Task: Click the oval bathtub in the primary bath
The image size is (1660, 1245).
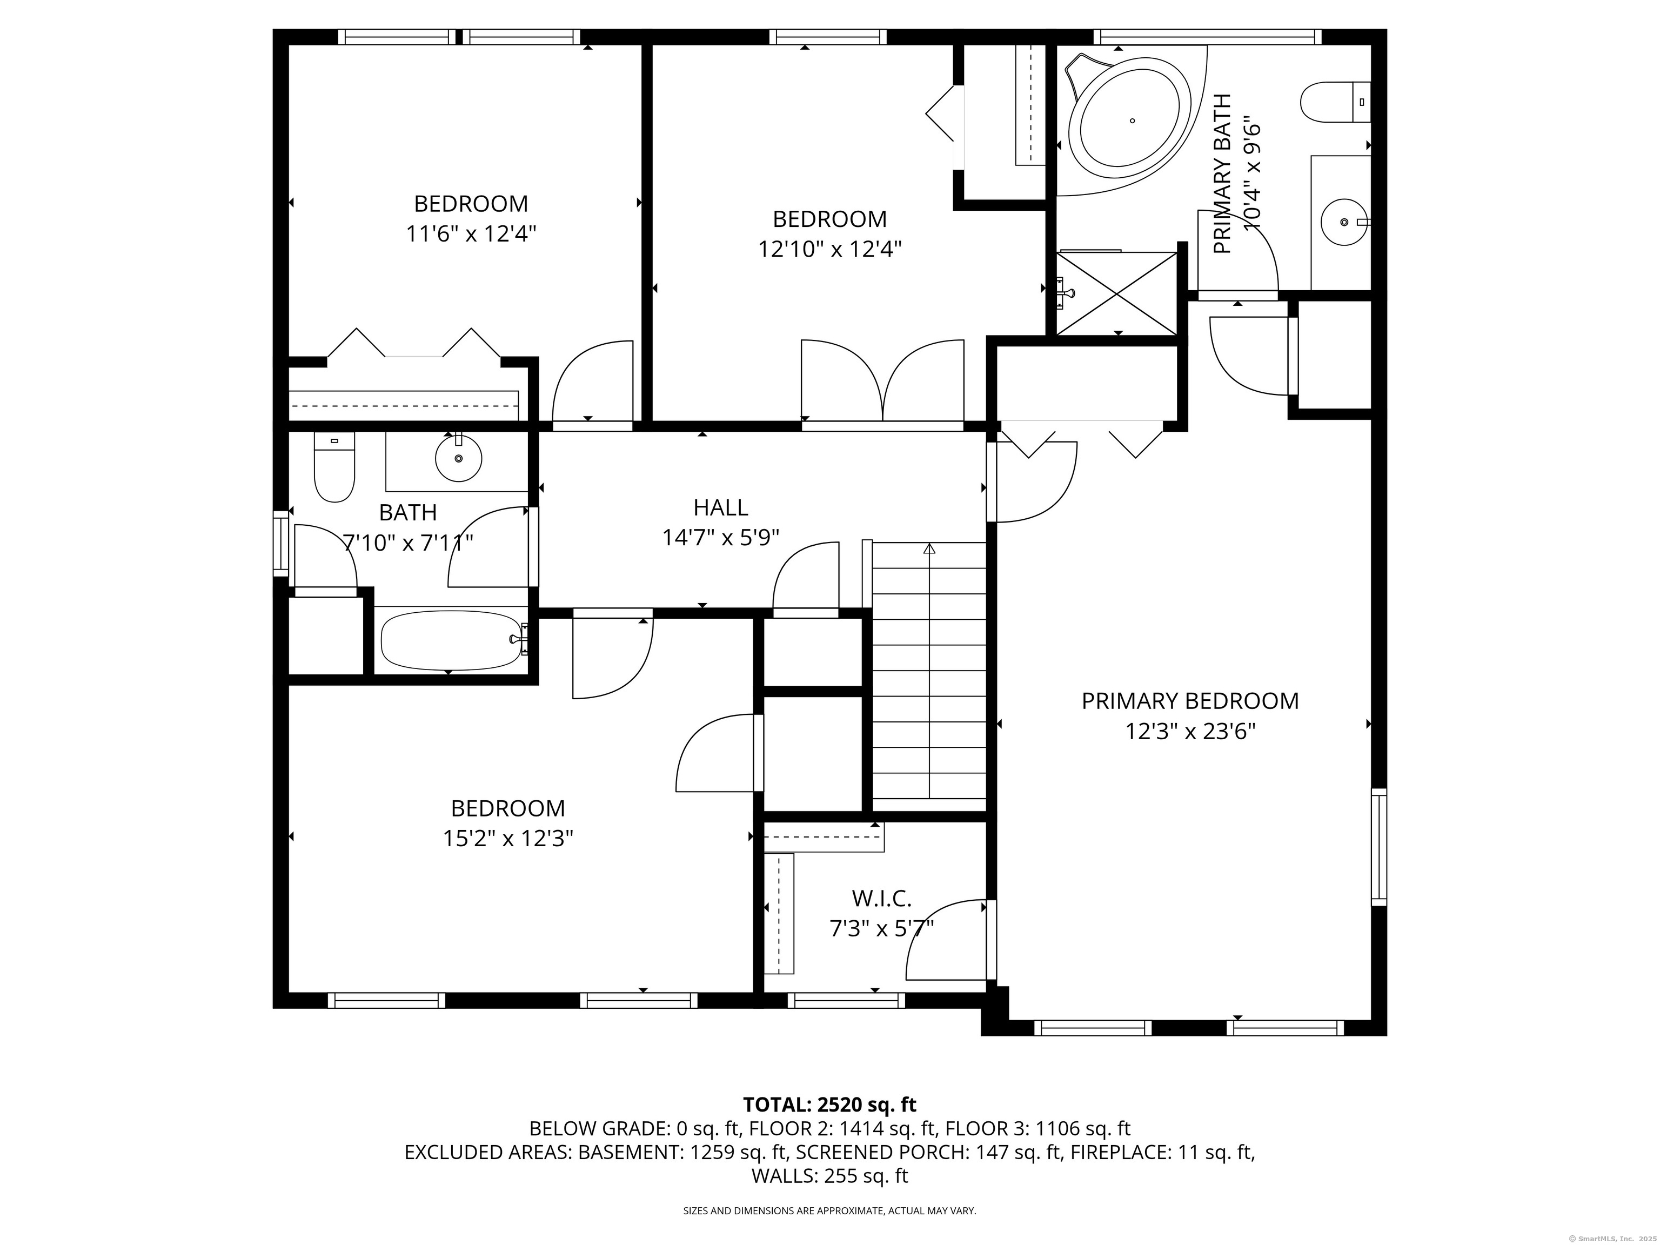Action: click(x=1129, y=119)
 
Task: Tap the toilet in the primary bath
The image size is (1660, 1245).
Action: click(x=1335, y=102)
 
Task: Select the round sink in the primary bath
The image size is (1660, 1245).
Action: click(x=1344, y=222)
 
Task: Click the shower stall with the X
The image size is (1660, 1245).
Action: click(x=1117, y=293)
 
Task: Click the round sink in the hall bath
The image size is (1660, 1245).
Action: click(x=458, y=458)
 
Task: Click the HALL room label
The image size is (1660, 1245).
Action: click(x=720, y=508)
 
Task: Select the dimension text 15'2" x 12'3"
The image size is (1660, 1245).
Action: click(x=508, y=838)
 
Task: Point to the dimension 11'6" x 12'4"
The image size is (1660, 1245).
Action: click(x=471, y=234)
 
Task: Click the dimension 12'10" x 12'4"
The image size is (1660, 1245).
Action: click(x=829, y=249)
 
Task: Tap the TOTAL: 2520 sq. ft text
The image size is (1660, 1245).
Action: click(x=829, y=1105)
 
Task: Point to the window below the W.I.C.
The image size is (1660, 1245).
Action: click(x=846, y=1000)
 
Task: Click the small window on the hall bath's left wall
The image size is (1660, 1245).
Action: click(x=280, y=543)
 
